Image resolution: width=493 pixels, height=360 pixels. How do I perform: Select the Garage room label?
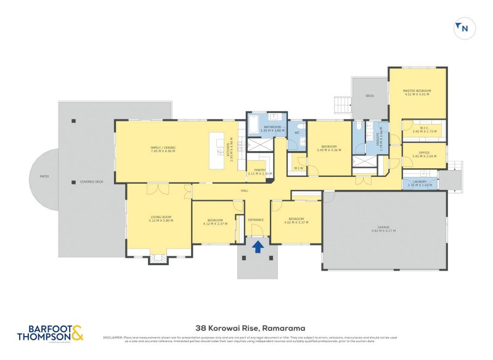383,229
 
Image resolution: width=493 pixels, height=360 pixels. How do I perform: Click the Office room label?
423,155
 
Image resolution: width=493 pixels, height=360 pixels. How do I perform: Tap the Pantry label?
259,173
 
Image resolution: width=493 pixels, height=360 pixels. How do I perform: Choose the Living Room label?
161,218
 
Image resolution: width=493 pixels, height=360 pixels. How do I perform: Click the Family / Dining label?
163,149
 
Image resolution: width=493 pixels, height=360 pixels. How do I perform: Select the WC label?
296,133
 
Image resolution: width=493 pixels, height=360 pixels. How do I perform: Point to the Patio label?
44,177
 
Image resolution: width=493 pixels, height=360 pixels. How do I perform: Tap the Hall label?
244,190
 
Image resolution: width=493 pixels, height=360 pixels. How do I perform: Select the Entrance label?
256,220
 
